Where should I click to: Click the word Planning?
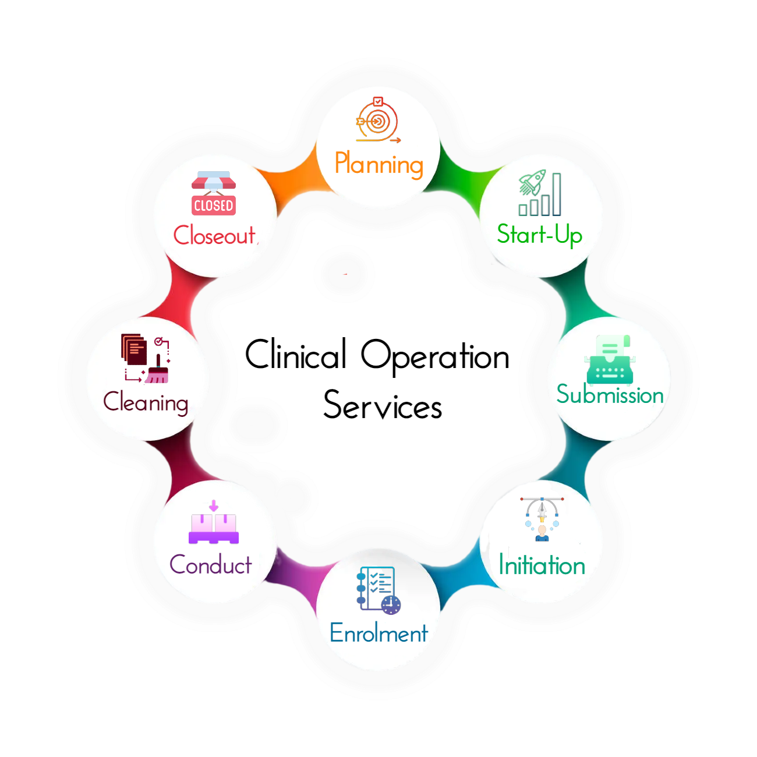[378, 164]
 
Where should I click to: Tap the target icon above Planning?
[377, 121]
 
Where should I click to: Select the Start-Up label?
[539, 235]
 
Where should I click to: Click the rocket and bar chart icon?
[540, 193]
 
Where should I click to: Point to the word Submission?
[610, 395]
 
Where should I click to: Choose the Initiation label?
[542, 565]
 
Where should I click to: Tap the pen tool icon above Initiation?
[542, 518]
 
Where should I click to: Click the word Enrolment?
[378, 633]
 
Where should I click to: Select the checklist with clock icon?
[378, 590]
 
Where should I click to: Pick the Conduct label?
[211, 565]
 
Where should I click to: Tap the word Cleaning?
[146, 402]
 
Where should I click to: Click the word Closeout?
[214, 235]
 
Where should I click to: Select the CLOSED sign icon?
[214, 194]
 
